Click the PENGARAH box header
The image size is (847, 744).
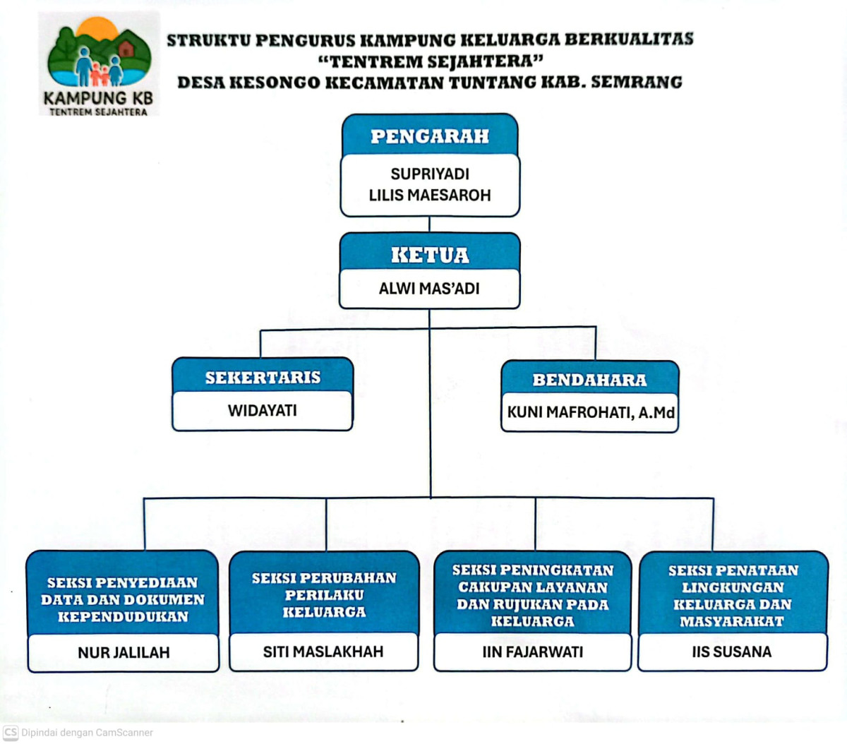[x=430, y=136]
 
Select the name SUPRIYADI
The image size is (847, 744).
[x=430, y=174]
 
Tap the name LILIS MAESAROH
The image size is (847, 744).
[x=430, y=195]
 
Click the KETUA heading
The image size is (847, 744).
[x=430, y=255]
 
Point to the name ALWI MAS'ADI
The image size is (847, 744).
[x=429, y=288]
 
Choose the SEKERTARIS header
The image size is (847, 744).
[x=263, y=378]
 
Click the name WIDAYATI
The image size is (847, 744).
[x=263, y=410]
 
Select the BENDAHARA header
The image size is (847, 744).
[x=589, y=380]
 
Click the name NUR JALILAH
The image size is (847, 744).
[x=124, y=653]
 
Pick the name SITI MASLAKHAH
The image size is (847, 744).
[x=323, y=652]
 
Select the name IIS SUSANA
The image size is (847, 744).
[x=732, y=652]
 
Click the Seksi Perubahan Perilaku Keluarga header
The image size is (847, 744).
[x=324, y=595]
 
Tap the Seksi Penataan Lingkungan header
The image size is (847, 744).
[x=733, y=596]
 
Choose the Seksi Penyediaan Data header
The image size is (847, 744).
[x=123, y=599]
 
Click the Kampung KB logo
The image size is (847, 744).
[x=99, y=64]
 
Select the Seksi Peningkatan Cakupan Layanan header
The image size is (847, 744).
[x=533, y=596]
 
